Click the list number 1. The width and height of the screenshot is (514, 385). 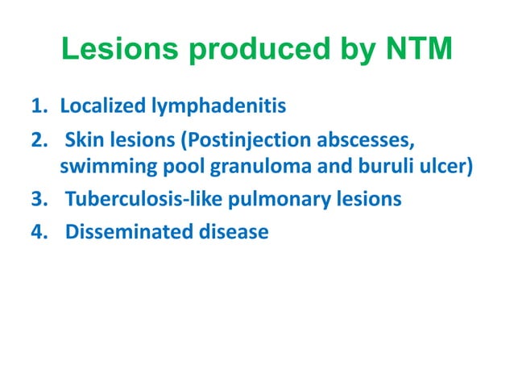38,106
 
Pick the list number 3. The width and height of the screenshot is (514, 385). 38,198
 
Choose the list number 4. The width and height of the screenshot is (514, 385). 38,233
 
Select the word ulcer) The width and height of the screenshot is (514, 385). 442,168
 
